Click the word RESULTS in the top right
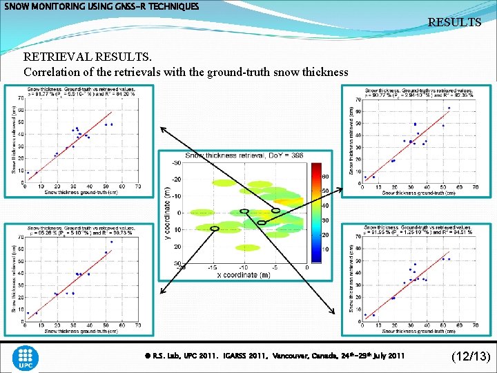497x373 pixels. pos(454,22)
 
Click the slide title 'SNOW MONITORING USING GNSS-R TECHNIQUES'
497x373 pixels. pos(101,6)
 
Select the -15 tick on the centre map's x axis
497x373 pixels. pos(213,268)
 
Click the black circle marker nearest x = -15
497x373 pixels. pos(215,228)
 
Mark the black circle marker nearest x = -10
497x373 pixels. pos(244,211)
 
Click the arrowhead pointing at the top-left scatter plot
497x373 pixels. pos(162,128)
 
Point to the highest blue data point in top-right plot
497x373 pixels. pos(449,108)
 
